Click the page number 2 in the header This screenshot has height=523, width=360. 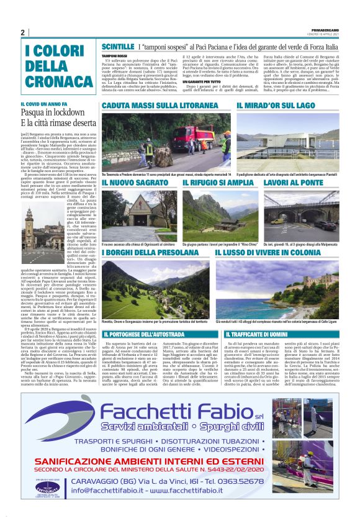tap(22, 32)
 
